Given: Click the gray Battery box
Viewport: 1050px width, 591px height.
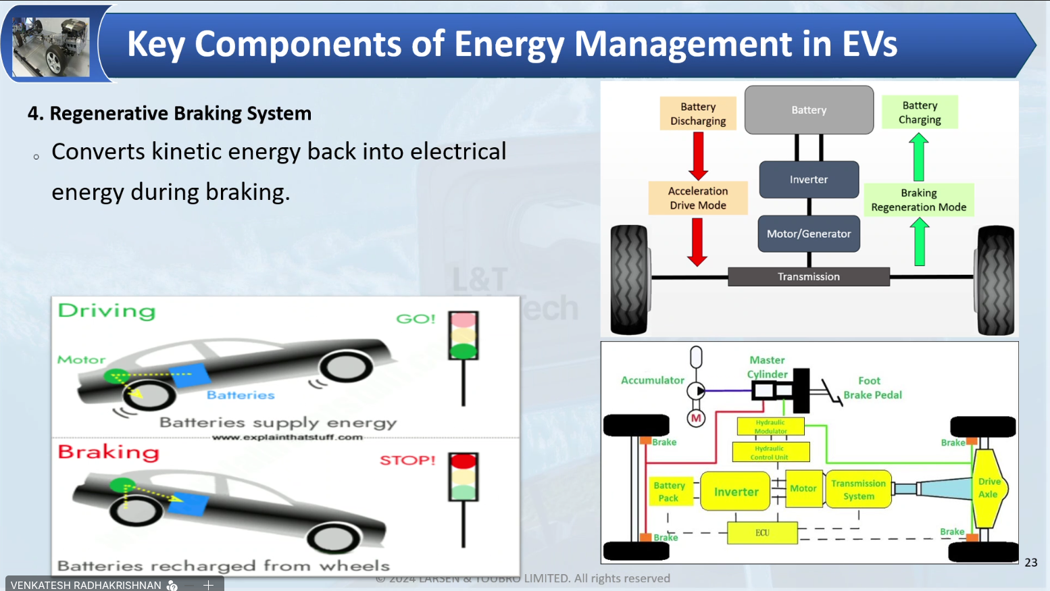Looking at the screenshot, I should click(x=809, y=110).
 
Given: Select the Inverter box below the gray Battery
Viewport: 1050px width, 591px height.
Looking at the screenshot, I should click(x=809, y=180).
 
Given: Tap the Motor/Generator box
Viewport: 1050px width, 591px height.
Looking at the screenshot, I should click(x=809, y=234).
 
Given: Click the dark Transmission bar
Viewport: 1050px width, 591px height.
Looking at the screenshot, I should click(x=809, y=277).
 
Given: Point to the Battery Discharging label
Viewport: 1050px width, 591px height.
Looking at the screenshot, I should click(x=698, y=113).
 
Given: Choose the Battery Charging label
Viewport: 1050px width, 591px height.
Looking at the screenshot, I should click(x=920, y=112).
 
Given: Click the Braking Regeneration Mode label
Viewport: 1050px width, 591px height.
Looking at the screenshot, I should click(x=918, y=200).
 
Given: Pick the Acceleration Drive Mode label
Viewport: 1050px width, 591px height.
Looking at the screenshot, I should click(x=698, y=198).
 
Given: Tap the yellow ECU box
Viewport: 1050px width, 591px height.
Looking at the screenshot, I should click(x=762, y=533).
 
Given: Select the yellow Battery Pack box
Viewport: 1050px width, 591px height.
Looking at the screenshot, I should click(x=669, y=492).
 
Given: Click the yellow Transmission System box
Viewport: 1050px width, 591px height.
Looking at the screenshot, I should click(x=858, y=490).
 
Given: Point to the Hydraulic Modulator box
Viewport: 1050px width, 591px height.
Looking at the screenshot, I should click(x=770, y=426).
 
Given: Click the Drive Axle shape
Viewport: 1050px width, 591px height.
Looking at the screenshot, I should click(x=989, y=488).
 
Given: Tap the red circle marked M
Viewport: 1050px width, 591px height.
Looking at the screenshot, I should click(x=696, y=419).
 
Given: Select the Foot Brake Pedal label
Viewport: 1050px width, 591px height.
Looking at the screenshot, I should click(x=872, y=388).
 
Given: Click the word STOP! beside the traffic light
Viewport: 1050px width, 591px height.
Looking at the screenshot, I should click(x=407, y=461).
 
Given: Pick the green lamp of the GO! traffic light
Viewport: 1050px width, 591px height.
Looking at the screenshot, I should click(x=464, y=351).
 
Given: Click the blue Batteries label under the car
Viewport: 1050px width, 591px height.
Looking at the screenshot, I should click(x=241, y=395).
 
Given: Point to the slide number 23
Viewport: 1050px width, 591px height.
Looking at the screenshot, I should click(x=1031, y=563).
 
